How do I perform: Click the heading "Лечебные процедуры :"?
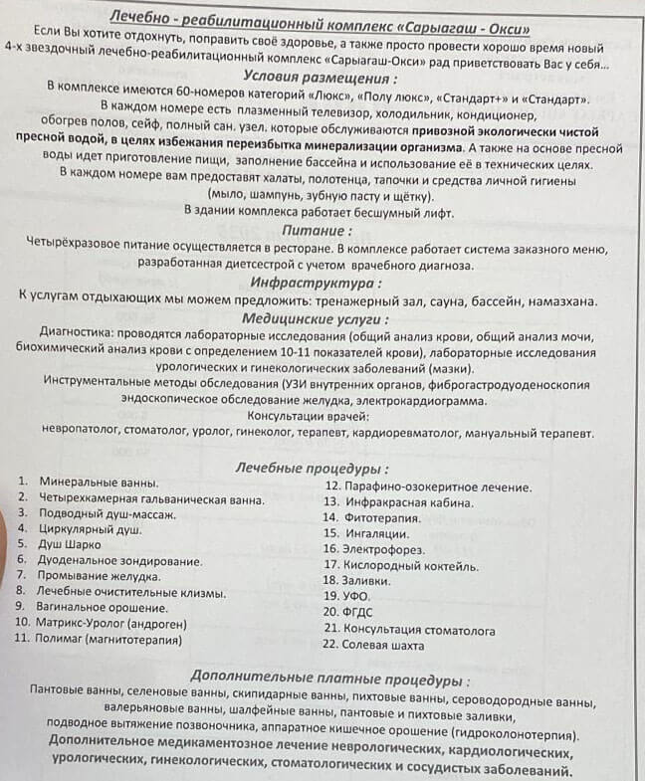(312, 467)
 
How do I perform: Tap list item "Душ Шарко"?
(70, 544)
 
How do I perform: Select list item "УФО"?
(356, 596)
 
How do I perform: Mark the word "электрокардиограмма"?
(418, 401)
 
